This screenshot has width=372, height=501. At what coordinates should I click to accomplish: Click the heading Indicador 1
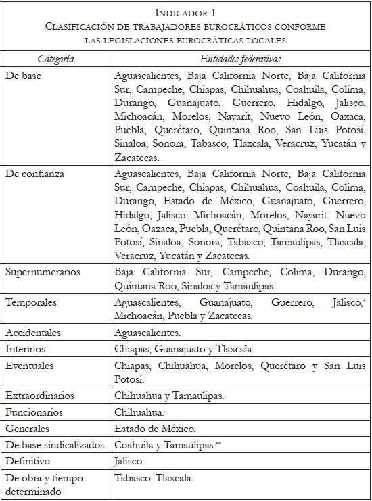(x=185, y=13)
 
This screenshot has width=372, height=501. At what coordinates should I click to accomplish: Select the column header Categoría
(x=55, y=59)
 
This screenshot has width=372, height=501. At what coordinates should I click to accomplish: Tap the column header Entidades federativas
(x=240, y=59)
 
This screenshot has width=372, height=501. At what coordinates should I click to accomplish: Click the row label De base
(x=23, y=76)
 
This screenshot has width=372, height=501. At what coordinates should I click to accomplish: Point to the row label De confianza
(x=34, y=174)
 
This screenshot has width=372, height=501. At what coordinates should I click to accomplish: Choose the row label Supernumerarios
(x=42, y=272)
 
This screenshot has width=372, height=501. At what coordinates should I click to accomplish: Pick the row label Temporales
(x=31, y=303)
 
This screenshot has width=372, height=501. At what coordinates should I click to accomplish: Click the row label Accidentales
(x=33, y=333)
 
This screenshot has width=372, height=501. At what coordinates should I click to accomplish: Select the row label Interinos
(x=26, y=349)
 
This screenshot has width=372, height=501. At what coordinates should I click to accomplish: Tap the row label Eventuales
(x=29, y=366)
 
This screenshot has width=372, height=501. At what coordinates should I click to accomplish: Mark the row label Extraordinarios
(x=40, y=396)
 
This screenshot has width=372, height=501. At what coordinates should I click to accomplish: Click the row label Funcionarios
(x=34, y=412)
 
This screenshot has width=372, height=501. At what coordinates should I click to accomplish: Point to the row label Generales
(x=28, y=428)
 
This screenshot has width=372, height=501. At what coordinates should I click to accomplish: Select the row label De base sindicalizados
(x=54, y=445)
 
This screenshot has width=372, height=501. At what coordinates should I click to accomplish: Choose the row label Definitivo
(x=27, y=461)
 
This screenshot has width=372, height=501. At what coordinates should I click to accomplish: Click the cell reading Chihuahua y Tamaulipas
(x=168, y=396)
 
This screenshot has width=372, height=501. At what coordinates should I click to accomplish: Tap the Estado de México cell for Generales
(x=155, y=428)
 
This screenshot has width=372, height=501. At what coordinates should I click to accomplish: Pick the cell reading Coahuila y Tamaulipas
(x=164, y=445)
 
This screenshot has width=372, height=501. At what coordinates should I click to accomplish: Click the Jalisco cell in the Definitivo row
(x=129, y=461)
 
